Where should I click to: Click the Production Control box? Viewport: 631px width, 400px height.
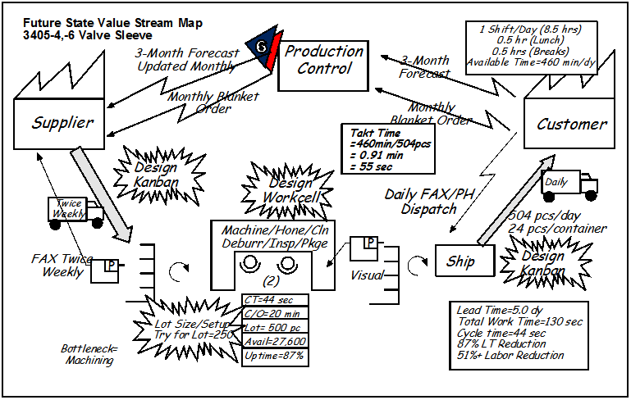coord(323,66)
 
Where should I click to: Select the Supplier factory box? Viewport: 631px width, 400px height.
coord(59,124)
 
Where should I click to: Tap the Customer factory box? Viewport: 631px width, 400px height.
coord(569,124)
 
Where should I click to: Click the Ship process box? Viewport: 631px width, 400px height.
coord(464,261)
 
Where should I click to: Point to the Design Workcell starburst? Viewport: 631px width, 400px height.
coord(288,191)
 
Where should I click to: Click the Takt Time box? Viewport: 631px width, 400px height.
coord(388,148)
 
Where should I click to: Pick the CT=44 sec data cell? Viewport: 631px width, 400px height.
coord(275,300)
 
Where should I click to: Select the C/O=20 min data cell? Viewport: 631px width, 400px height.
coord(275,313)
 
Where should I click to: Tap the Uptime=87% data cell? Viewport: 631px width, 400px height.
coord(275,357)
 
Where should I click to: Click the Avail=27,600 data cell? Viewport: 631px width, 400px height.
coord(275,341)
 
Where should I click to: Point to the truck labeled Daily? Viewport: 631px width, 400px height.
coord(569,186)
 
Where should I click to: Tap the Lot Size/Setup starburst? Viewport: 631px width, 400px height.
coord(190,330)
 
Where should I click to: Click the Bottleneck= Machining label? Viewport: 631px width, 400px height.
coord(89,354)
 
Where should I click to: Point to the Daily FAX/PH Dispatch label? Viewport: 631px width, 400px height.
coord(429,202)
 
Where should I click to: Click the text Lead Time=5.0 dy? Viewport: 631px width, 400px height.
coord(500,311)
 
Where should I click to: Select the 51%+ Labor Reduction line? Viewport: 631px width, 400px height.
coord(510,356)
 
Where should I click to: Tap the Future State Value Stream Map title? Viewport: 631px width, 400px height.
coord(112,23)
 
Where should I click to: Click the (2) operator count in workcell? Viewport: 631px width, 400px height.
coord(271,281)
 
